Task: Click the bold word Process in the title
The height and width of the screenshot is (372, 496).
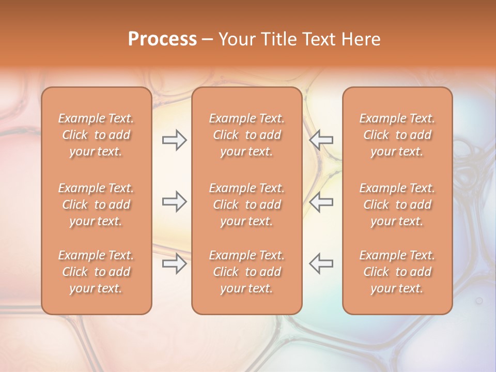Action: tap(162, 39)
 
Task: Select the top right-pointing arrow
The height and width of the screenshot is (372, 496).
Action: tap(174, 140)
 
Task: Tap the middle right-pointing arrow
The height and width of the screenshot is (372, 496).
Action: tap(174, 202)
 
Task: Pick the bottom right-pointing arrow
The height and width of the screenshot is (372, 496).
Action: tap(174, 263)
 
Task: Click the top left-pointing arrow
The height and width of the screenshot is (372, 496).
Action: tap(321, 140)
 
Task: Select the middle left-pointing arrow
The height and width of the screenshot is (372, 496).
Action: tap(321, 202)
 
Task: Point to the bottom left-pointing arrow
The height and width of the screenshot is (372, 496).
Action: tap(321, 263)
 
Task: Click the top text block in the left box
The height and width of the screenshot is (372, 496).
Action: tap(96, 135)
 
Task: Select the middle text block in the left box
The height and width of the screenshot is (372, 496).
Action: tap(96, 205)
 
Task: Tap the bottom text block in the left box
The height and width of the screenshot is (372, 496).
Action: tap(96, 272)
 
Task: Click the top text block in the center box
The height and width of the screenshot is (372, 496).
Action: tap(247, 135)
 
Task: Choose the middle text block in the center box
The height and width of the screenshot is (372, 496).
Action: tap(247, 205)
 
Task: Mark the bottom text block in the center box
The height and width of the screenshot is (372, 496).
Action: tap(247, 272)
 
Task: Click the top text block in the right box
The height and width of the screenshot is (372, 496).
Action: tap(397, 135)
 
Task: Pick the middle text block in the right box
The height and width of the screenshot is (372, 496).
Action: tap(397, 205)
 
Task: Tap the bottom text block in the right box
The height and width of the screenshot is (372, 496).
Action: tap(397, 272)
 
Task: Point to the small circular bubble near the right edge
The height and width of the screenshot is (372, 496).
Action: tap(479, 300)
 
